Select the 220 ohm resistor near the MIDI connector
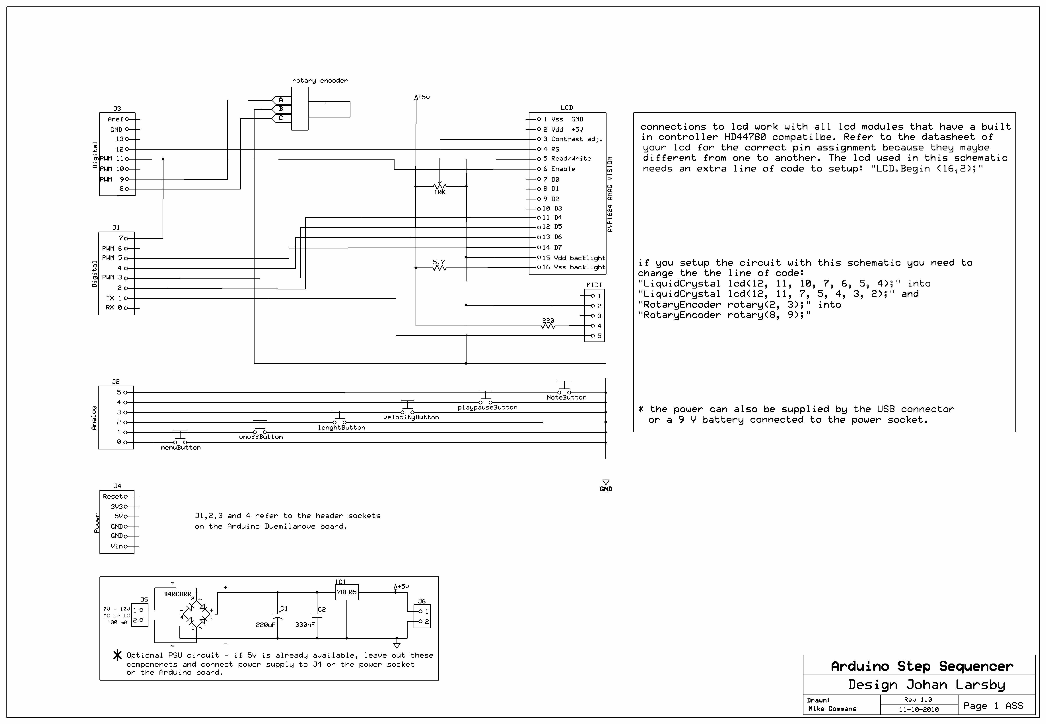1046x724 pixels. [x=548, y=325]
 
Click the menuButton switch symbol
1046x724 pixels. [x=180, y=438]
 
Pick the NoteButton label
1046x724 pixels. [x=566, y=397]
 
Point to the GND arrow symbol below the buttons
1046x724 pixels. [x=606, y=482]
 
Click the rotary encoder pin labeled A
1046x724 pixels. [x=281, y=99]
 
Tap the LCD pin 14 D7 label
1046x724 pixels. [x=552, y=247]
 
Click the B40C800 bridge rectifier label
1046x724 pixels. [x=178, y=594]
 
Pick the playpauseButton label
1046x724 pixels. [x=487, y=407]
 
